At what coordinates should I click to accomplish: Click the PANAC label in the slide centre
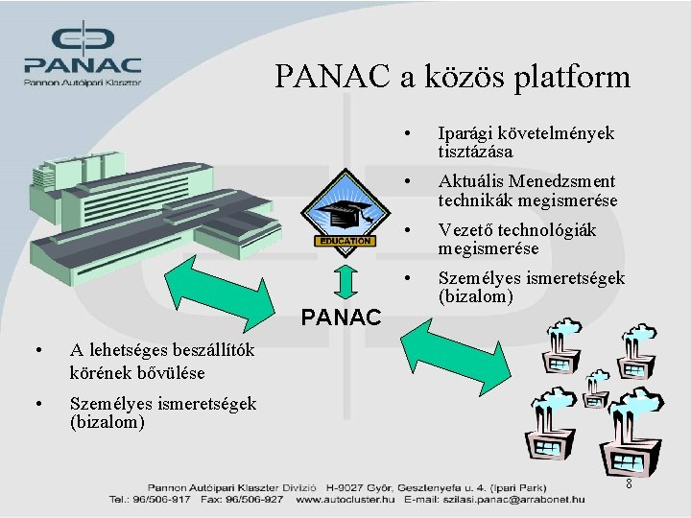(342, 317)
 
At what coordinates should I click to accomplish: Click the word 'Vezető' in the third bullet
(466, 230)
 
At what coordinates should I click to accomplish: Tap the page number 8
(629, 484)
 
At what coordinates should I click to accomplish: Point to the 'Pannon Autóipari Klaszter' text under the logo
(83, 82)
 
